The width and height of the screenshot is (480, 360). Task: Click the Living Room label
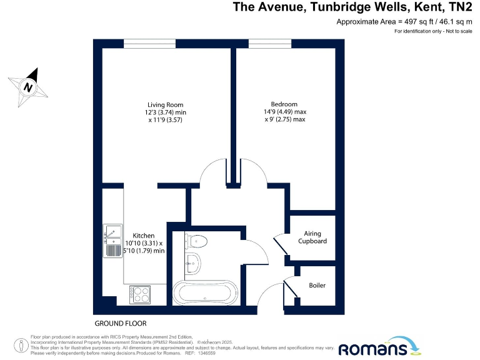[166, 104]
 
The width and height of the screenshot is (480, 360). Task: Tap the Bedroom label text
[284, 104]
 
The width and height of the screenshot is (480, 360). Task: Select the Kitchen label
[143, 236]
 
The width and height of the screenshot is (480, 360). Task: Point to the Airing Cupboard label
[312, 237]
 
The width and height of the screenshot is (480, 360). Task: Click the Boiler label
[317, 286]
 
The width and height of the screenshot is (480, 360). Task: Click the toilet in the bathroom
[197, 241]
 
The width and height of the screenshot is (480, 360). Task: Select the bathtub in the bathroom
[204, 292]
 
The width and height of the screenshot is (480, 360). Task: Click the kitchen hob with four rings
[140, 294]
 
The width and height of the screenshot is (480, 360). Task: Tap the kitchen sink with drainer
[112, 240]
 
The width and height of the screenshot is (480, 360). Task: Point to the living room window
[149, 43]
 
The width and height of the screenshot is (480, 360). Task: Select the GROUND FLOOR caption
[120, 324]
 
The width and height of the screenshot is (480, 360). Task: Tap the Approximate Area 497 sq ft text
[404, 22]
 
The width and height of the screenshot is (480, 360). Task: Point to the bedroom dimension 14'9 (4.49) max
[284, 112]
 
